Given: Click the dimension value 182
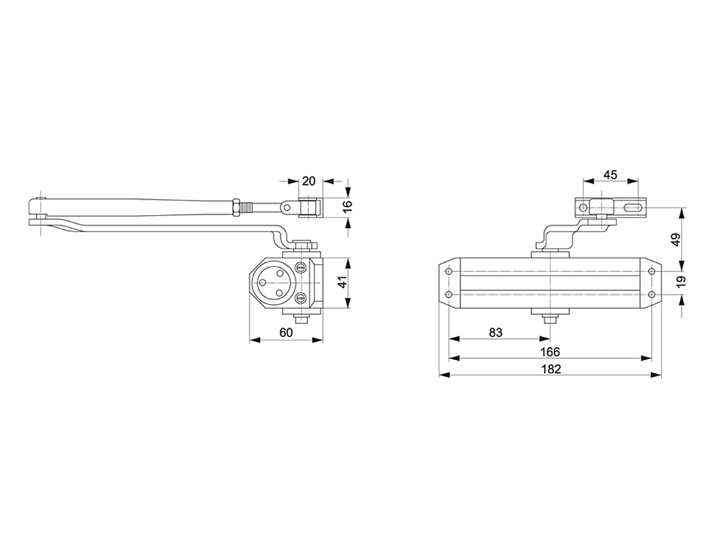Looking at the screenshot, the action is [x=551, y=369].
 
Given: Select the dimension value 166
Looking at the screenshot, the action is [x=550, y=352].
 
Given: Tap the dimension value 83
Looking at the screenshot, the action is [x=496, y=333].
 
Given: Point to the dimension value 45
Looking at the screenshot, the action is [x=610, y=175].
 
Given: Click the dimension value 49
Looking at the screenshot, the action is [x=676, y=239].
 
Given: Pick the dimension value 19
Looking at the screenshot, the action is [x=681, y=282].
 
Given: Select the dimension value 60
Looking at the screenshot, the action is [x=286, y=333].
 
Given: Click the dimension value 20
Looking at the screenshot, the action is [x=309, y=180].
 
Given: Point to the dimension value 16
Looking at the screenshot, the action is [x=347, y=205].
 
